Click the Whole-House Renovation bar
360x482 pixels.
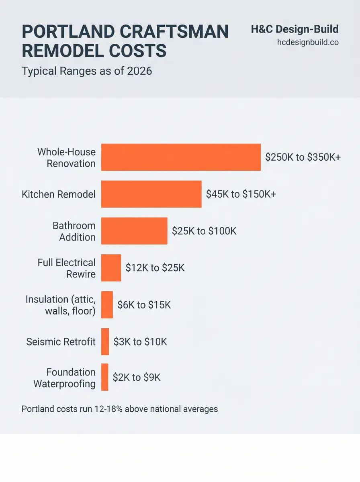[x=181, y=157]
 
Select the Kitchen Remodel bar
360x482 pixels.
[x=151, y=194]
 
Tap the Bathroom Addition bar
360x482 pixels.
[x=134, y=231]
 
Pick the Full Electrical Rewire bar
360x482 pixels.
[x=111, y=268]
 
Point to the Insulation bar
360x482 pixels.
[x=107, y=305]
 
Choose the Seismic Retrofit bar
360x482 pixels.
[x=105, y=341]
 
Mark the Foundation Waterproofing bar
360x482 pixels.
[x=104, y=377]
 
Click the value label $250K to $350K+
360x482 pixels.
[x=303, y=157]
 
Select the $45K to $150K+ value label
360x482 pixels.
[x=241, y=194]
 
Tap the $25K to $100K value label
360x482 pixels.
[x=204, y=231]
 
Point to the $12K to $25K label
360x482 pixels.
[x=155, y=268]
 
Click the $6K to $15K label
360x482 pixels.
[x=144, y=305]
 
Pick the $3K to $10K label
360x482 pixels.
[x=140, y=342]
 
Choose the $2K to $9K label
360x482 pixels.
[x=136, y=377]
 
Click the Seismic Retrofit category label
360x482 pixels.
[x=61, y=342]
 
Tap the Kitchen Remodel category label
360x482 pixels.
[x=59, y=194]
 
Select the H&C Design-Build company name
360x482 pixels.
[x=295, y=29]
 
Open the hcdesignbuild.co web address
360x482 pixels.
[x=308, y=42]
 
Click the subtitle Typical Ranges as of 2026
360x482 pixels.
[x=87, y=71]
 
